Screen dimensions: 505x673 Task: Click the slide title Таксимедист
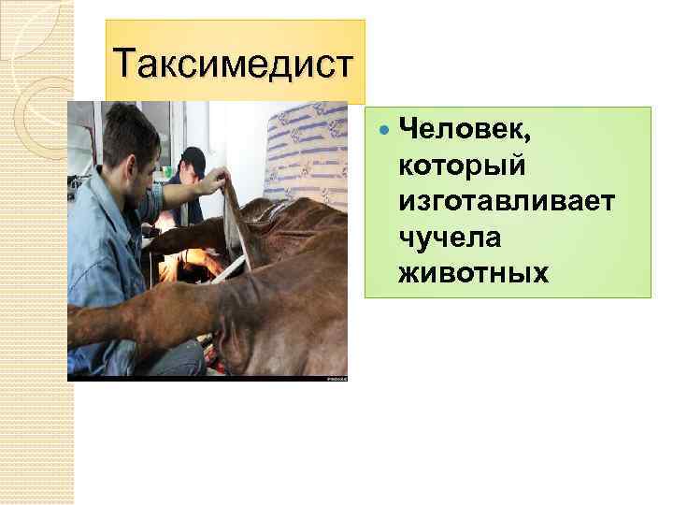point(234,65)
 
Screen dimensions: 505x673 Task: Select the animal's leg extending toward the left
point(122,323)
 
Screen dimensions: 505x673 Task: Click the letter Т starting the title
point(123,65)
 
